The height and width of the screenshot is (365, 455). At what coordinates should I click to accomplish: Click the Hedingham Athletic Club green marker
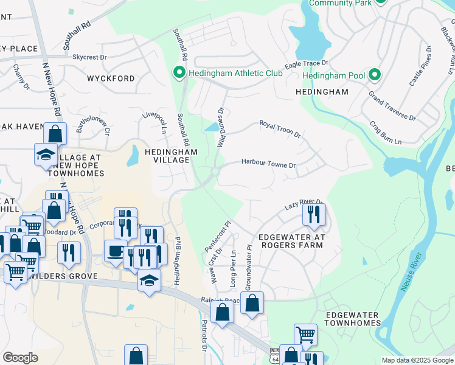[x=179, y=73]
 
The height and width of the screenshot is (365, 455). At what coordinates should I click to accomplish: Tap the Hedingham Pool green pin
[x=375, y=75]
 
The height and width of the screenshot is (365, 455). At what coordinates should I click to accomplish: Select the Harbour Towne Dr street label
[x=268, y=164]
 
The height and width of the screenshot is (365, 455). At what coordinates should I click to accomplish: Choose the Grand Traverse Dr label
[x=392, y=106]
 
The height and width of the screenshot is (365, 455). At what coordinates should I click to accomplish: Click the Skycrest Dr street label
[x=89, y=57]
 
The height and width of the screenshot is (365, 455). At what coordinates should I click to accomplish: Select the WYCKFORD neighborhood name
[x=111, y=78]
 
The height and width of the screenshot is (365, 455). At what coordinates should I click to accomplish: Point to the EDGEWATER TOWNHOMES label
[x=352, y=319]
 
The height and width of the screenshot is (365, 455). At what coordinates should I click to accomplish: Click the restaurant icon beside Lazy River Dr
[x=314, y=214]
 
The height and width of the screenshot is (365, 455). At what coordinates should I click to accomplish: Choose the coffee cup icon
[x=116, y=251]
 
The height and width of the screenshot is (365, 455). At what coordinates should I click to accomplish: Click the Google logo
[x=20, y=357]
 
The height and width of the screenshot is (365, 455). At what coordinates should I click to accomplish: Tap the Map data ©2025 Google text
[x=417, y=360]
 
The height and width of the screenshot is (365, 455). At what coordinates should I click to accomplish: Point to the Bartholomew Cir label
[x=93, y=122]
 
